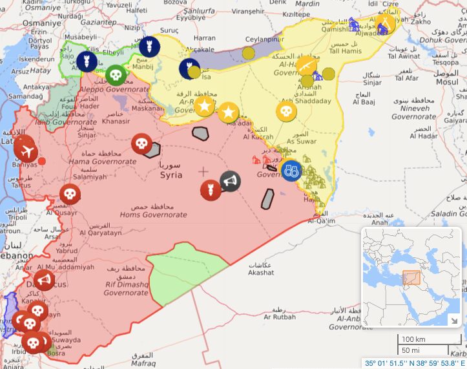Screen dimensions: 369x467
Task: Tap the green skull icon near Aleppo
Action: (x=115, y=75)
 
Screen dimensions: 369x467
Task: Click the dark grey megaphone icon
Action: (x=229, y=182)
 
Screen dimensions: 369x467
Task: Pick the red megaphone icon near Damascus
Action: (x=43, y=280)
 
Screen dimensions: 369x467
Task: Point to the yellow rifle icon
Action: (x=306, y=65)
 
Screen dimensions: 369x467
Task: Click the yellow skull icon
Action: (x=286, y=111)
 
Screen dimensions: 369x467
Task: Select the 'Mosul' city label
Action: (x=446, y=82)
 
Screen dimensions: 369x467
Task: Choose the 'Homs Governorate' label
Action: (x=153, y=215)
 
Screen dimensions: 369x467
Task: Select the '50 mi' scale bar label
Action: (x=411, y=350)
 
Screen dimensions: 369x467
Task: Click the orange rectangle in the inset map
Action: (x=411, y=278)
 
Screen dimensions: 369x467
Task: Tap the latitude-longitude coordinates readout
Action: (x=415, y=363)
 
